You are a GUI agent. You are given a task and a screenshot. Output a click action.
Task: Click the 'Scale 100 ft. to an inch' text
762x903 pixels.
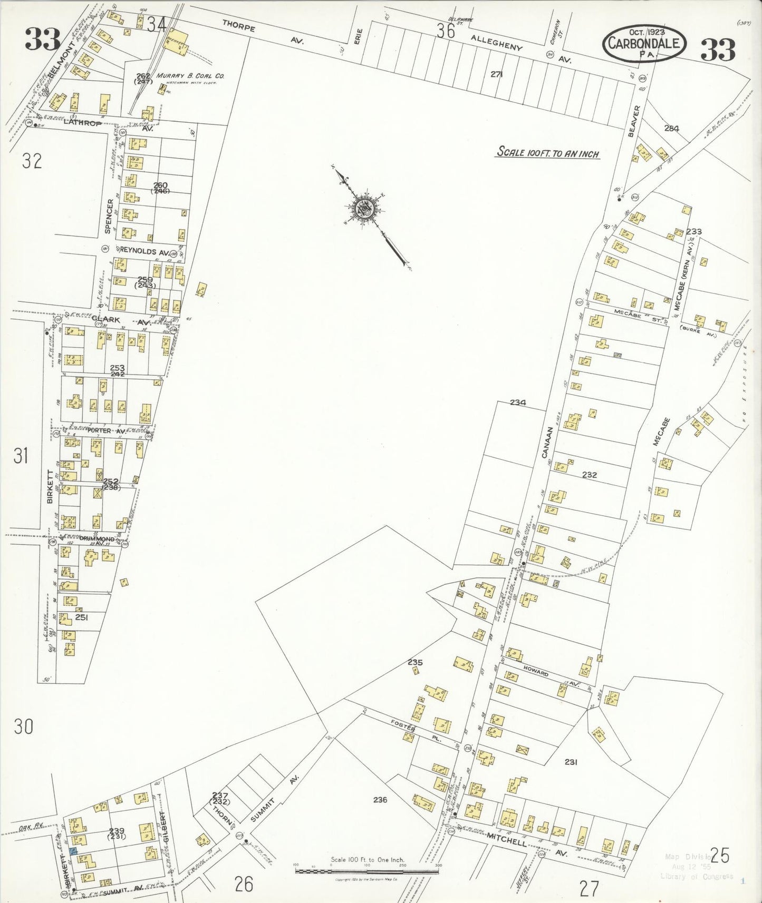(548, 153)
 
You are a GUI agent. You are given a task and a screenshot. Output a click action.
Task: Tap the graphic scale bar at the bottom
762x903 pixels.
(367, 867)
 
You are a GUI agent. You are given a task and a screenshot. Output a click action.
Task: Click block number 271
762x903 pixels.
(496, 74)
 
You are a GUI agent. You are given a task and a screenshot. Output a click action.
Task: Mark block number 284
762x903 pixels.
(671, 128)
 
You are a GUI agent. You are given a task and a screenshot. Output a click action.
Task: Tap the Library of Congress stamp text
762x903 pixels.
(696, 876)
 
